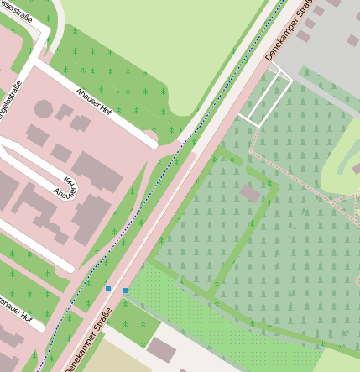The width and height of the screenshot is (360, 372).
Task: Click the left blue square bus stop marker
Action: [x=107, y=288]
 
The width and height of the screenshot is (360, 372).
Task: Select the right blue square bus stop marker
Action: [x=125, y=291]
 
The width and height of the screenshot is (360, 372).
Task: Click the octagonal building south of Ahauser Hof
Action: [x=44, y=109]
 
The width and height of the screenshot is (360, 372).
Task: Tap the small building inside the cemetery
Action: [x=250, y=193]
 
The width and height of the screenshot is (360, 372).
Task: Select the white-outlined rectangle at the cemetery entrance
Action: [x=269, y=101]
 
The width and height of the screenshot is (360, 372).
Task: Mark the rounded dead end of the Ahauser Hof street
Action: [x=152, y=144]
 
